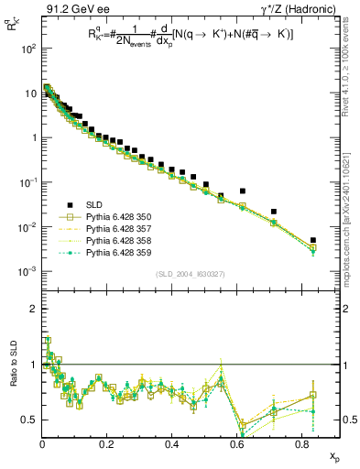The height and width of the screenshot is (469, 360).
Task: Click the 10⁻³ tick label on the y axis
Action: click(26, 271)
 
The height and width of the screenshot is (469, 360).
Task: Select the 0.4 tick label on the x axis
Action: click(171, 442)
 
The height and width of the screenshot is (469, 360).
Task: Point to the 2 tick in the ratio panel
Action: click(33, 309)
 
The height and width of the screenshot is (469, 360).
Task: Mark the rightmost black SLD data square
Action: click(312, 240)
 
